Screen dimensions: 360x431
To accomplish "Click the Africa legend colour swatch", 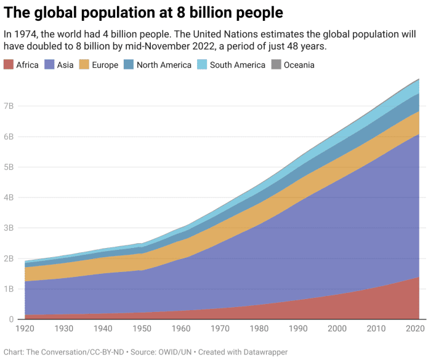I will [9, 65].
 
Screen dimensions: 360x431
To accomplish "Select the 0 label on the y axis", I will [11, 319].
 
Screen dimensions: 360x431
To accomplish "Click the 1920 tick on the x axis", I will [25, 330].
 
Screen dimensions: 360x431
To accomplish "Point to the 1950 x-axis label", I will [143, 330].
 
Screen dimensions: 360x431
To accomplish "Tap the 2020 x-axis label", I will [414, 330].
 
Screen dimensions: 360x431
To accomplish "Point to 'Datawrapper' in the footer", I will [263, 352].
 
